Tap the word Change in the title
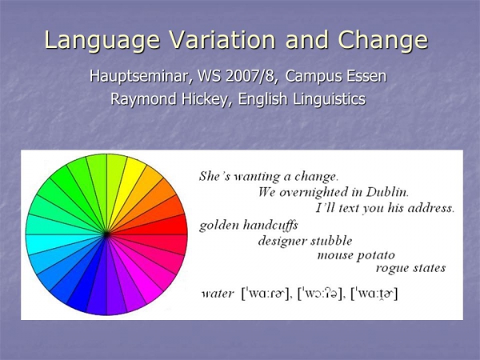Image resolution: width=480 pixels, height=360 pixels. tap(383, 41)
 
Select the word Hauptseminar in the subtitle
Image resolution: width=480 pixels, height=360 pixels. tap(141, 76)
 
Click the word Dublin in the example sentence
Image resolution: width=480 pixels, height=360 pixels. tap(387, 192)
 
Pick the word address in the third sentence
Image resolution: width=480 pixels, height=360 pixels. tap(431, 208)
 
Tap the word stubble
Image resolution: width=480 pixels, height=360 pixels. tap(331, 241)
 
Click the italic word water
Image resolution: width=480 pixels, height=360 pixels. tap(218, 294)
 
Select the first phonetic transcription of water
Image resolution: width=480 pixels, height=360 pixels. tap(265, 294)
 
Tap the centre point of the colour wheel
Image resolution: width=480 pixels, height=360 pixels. tap(106, 234)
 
